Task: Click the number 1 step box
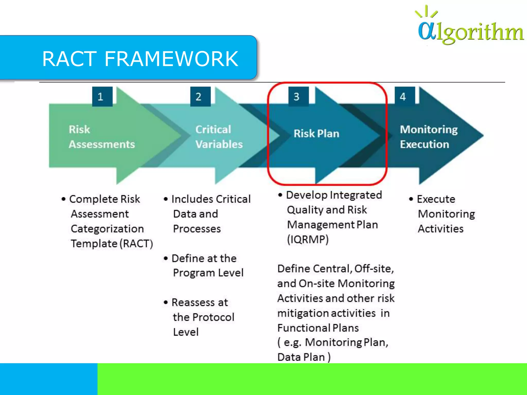point(102,97)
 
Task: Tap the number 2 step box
point(200,97)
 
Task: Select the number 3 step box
point(298,97)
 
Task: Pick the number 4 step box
point(405,97)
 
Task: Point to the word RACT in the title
point(69,59)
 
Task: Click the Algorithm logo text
point(471,32)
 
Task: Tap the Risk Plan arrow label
point(316,134)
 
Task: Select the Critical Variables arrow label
point(219,137)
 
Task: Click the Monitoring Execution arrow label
point(428,137)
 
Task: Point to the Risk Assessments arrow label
point(102,137)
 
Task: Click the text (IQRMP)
point(308,239)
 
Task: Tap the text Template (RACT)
point(112,244)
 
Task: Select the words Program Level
point(208,273)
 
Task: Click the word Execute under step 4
point(436,199)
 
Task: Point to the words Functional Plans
point(318,328)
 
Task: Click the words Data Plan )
point(304,357)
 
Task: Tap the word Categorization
point(107,229)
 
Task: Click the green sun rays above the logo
point(426,12)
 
